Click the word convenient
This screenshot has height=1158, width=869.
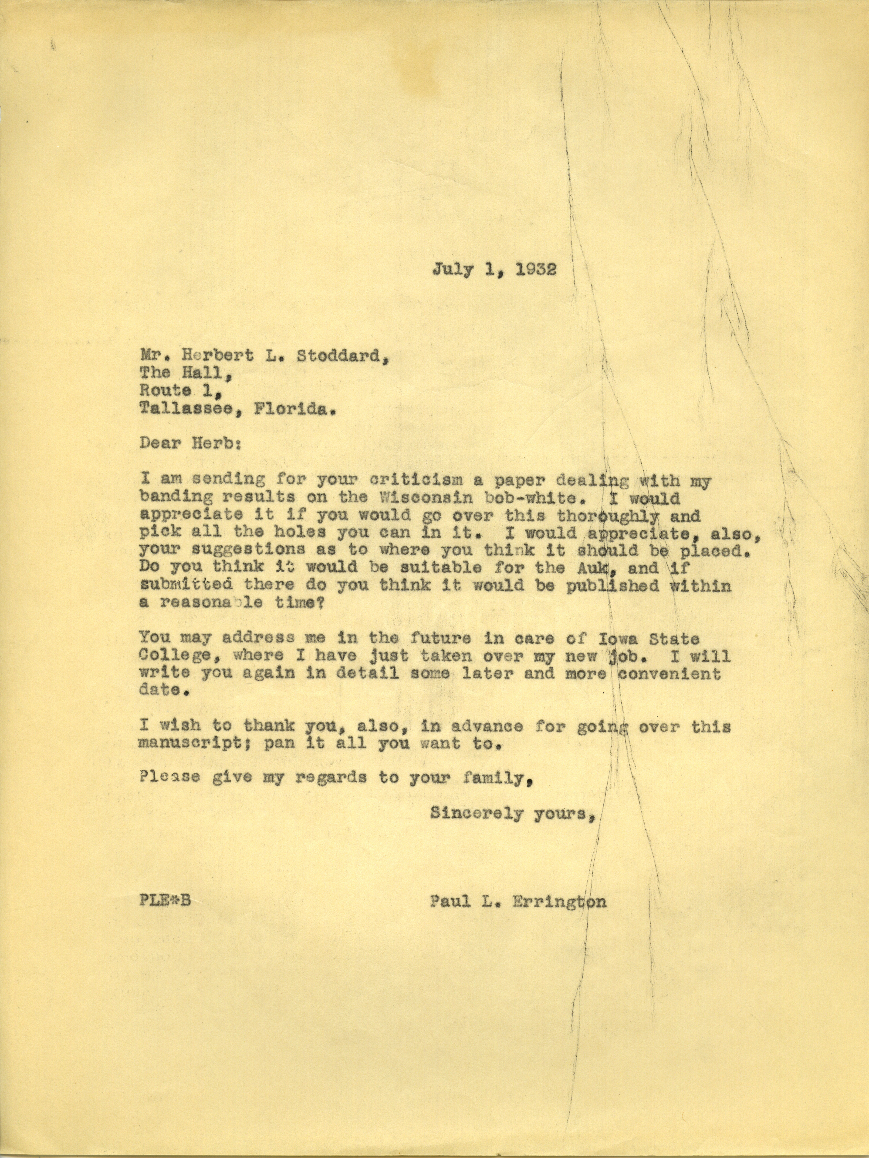tap(670, 674)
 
